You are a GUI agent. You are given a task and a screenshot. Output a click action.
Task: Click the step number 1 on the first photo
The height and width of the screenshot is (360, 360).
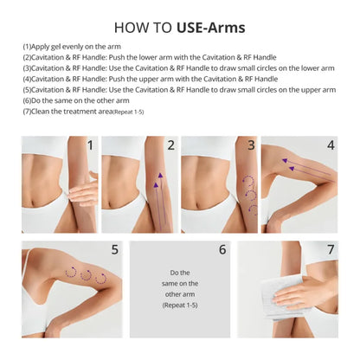(90, 145)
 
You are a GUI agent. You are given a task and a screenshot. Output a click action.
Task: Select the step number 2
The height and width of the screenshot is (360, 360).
(170, 145)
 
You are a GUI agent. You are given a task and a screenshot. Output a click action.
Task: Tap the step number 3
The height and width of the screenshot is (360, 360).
(251, 145)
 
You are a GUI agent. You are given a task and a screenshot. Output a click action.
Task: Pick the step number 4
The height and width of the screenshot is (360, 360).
(330, 145)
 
